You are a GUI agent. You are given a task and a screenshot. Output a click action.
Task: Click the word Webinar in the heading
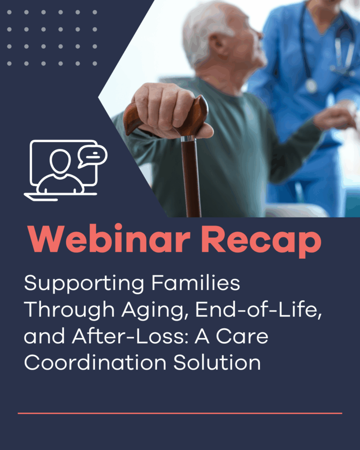tap(109, 239)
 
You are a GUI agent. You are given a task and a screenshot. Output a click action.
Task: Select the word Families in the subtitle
tap(196, 283)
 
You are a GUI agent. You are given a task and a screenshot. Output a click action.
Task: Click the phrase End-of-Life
tap(258, 309)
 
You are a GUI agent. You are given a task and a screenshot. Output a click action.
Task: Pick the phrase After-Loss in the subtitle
tap(130, 336)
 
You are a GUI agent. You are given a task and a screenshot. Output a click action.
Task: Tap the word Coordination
tap(95, 363)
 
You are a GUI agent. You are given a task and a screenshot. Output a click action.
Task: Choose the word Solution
tap(217, 363)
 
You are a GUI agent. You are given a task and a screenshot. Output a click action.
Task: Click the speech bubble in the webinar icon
tap(92, 156)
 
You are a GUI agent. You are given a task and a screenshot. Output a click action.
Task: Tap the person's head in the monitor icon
tap(60, 161)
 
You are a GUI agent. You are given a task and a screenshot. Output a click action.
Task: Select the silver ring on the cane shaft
tap(188, 138)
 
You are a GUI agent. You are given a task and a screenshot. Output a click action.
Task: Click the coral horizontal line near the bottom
tap(180, 413)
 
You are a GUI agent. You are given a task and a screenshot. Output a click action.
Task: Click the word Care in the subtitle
tap(242, 336)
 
